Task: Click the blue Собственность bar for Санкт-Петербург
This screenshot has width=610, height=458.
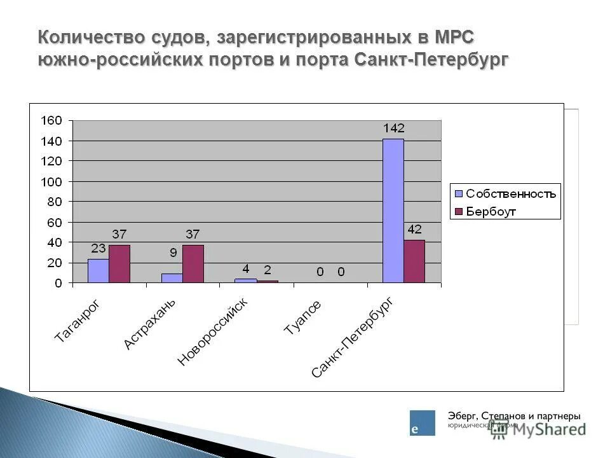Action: [x=393, y=211]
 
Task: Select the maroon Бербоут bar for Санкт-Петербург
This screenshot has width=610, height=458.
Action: [x=414, y=261]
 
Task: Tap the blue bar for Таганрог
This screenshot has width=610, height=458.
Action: [x=98, y=271]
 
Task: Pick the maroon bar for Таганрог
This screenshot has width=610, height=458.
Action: [x=119, y=264]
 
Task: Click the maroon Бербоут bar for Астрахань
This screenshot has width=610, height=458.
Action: [x=193, y=264]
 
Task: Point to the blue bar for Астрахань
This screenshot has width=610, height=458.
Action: [x=172, y=278]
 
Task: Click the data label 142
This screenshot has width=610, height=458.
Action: [x=393, y=128]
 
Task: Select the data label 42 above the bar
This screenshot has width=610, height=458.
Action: [x=414, y=230]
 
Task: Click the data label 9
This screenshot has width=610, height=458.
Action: [x=172, y=252]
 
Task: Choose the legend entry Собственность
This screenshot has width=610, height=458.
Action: [x=510, y=193]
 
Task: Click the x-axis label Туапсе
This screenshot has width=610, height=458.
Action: [x=302, y=317]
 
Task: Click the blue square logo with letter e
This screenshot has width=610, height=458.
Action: [x=423, y=423]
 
